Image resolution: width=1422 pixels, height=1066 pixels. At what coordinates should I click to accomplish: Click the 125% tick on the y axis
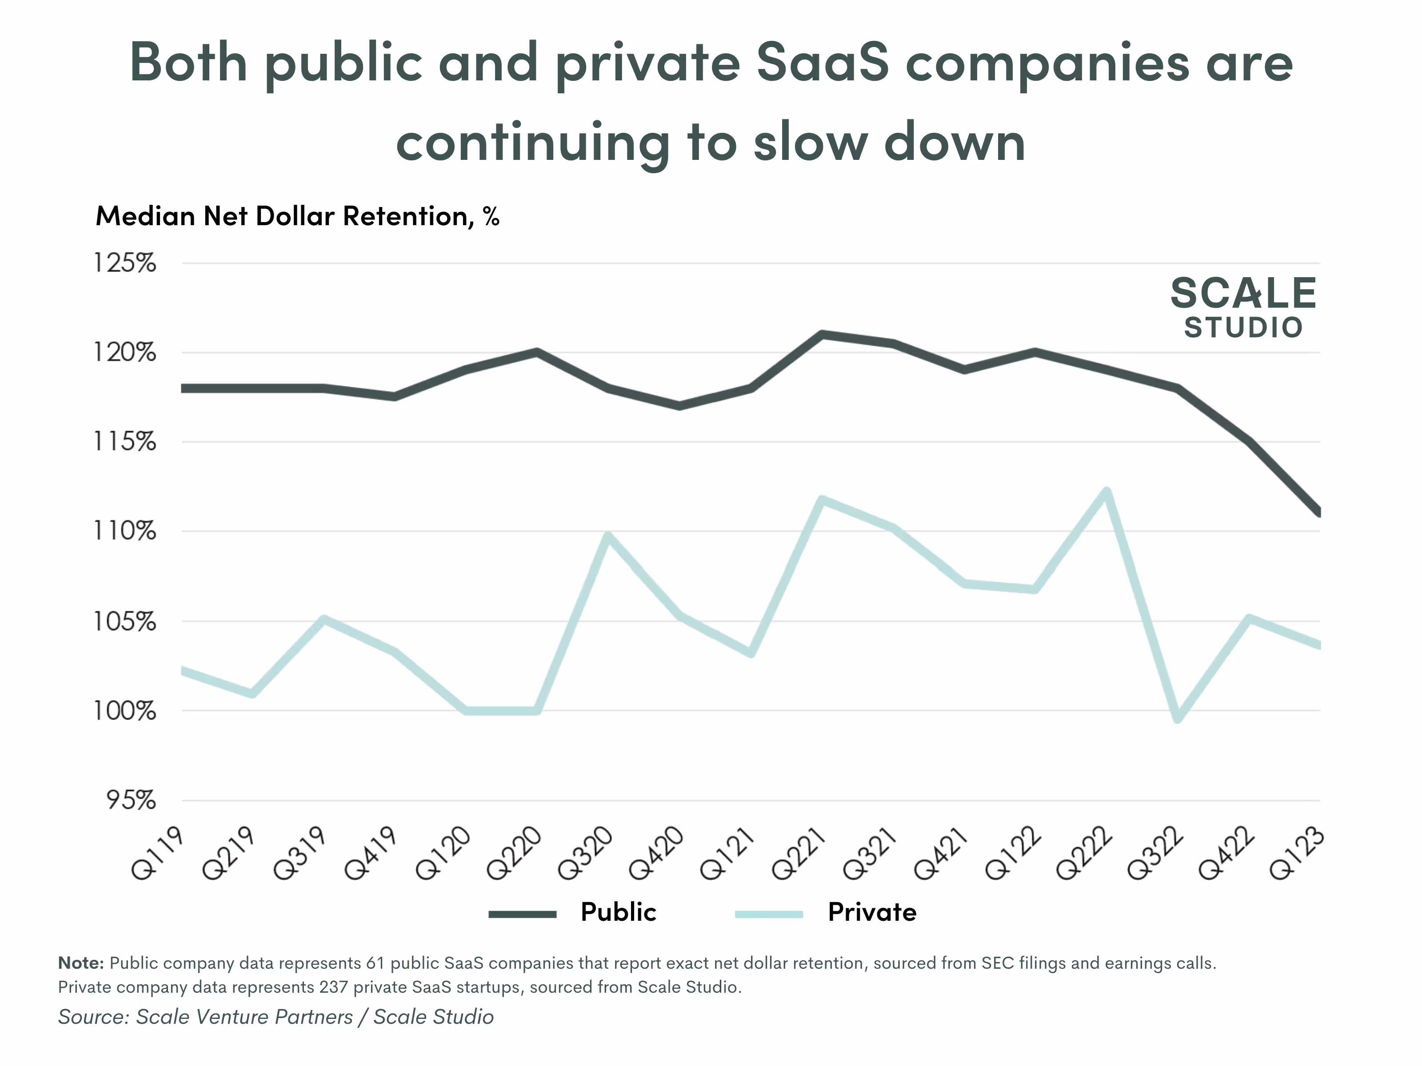pos(125,263)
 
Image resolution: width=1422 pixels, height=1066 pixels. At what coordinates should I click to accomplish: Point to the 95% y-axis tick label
pos(131,800)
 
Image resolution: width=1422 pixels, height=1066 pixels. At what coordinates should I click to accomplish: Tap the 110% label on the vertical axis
pos(125,531)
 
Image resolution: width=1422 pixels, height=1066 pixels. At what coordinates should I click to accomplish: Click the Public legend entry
pos(617,912)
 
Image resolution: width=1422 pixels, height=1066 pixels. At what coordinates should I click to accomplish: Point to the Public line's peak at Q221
pos(822,334)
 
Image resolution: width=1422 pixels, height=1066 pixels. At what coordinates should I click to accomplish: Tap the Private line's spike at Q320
pos(608,536)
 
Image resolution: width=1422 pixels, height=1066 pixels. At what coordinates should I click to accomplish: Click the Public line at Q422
pos(1248,442)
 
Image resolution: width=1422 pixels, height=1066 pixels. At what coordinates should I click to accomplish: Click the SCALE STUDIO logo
pos(1243,307)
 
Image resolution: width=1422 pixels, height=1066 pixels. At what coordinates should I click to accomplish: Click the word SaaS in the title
pos(822,62)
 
